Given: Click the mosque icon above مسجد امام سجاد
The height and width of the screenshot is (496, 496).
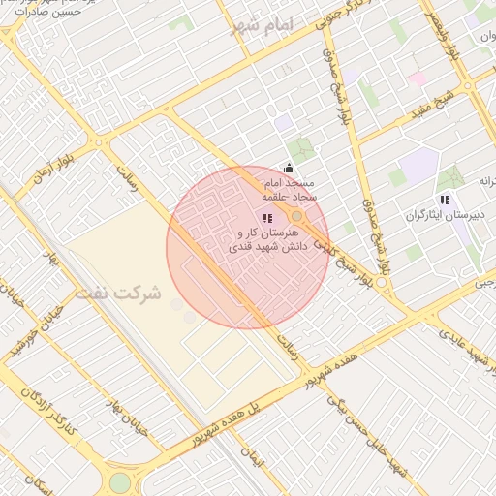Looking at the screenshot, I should pyautogui.click(x=288, y=169).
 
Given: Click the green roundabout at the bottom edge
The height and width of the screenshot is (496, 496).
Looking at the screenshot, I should pyautogui.click(x=119, y=483).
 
